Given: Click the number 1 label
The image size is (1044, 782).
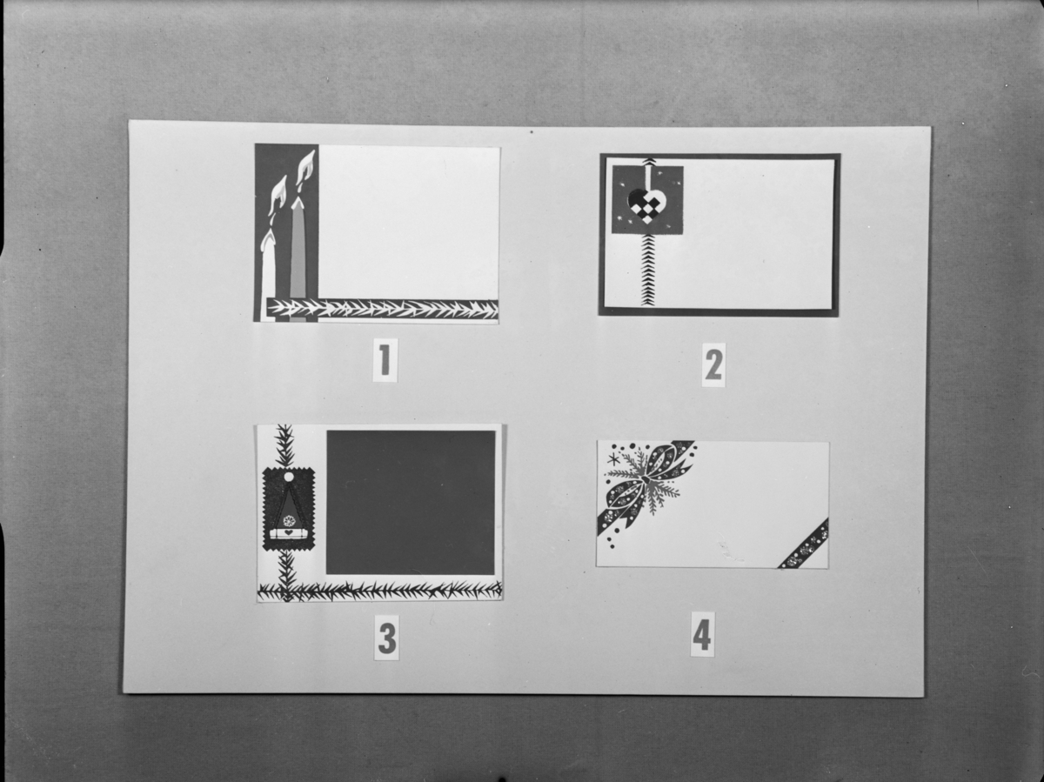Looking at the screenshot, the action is coord(385,360).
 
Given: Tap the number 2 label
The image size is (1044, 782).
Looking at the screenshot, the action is coord(713,364).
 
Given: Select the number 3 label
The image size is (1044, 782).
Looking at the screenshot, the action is coord(386,638).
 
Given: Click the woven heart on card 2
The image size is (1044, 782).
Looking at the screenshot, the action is coord(644,206).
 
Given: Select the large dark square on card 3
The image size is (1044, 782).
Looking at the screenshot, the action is coord(411,503).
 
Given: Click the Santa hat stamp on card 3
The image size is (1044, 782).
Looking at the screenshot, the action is coord(289,510).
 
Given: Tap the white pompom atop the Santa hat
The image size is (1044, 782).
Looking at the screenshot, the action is coord(289,477).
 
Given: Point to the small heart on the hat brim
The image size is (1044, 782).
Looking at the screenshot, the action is coord(287,532).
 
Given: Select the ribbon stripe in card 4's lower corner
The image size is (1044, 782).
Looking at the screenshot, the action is coord(804,544).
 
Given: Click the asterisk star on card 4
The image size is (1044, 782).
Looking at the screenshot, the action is coord(612,459).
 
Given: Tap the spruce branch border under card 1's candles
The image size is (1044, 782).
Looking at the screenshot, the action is coord(383,310).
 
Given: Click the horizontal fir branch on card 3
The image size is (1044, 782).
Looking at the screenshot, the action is coord(379,591).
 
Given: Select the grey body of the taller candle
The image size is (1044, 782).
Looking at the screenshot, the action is coord(298,259).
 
